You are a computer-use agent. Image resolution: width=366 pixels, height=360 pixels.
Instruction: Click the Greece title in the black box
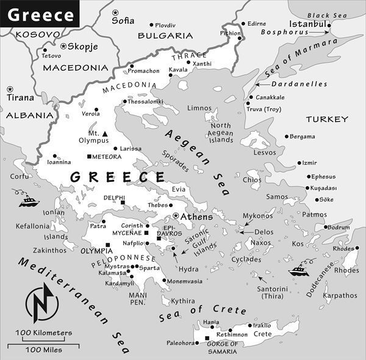40,13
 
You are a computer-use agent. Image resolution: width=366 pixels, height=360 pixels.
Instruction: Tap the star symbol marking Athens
176,216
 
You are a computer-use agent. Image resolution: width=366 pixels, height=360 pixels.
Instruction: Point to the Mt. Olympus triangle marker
105,134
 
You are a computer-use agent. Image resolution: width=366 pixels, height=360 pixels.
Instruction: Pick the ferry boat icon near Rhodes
300,268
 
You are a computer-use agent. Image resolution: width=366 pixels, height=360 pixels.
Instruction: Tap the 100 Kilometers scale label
44,333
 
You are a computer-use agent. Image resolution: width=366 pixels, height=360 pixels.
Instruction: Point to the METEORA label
108,157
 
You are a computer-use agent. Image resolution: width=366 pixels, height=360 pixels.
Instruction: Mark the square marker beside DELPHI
122,203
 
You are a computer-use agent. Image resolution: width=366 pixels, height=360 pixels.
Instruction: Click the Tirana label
20,97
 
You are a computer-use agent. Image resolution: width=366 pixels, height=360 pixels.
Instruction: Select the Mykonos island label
258,215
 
